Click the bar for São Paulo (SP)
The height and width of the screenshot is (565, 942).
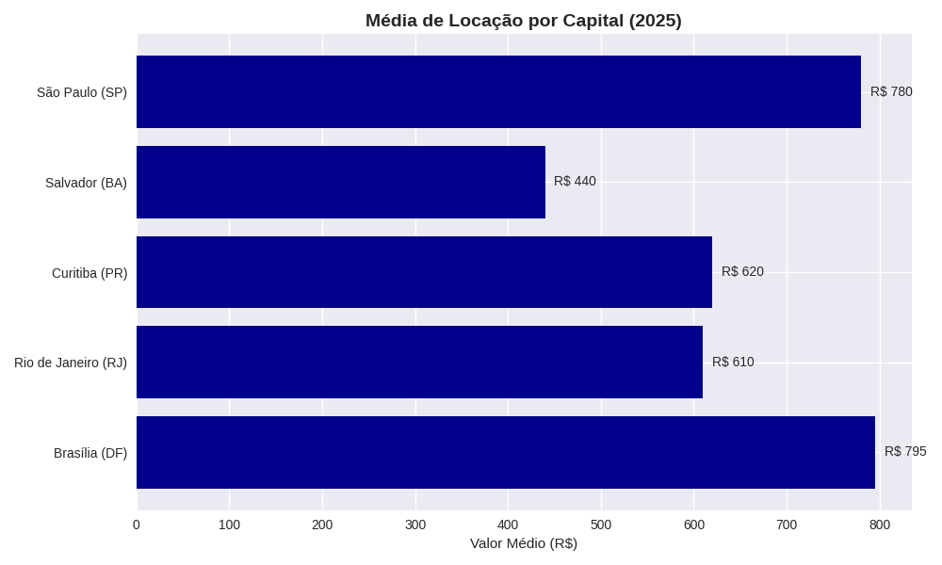(x=498, y=91)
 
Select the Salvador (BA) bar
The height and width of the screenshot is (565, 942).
(x=341, y=182)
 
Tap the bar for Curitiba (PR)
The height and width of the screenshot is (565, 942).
(x=424, y=272)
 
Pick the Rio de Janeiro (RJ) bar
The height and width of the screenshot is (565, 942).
(x=419, y=362)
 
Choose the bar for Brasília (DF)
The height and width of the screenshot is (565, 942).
(x=506, y=452)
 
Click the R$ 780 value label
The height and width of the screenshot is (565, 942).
(x=891, y=91)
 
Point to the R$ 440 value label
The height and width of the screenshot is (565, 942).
(x=575, y=181)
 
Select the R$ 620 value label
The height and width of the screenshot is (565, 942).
(x=742, y=271)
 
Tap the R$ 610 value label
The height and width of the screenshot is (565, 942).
(x=733, y=362)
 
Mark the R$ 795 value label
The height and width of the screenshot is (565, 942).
(x=905, y=451)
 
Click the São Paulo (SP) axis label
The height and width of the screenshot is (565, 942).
(x=82, y=92)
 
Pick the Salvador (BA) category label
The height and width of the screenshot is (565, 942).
(x=86, y=183)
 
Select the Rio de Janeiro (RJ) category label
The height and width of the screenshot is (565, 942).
(x=71, y=363)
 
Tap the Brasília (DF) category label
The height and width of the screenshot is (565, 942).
(x=90, y=453)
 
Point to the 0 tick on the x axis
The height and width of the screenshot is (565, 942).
(x=137, y=525)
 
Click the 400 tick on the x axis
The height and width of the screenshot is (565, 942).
(x=508, y=525)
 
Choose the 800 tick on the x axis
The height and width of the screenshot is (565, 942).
(x=879, y=525)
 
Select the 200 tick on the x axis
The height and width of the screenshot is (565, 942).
(x=322, y=525)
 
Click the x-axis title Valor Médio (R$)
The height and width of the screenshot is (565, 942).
(x=524, y=543)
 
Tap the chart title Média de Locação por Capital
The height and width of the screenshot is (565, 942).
(x=524, y=21)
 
